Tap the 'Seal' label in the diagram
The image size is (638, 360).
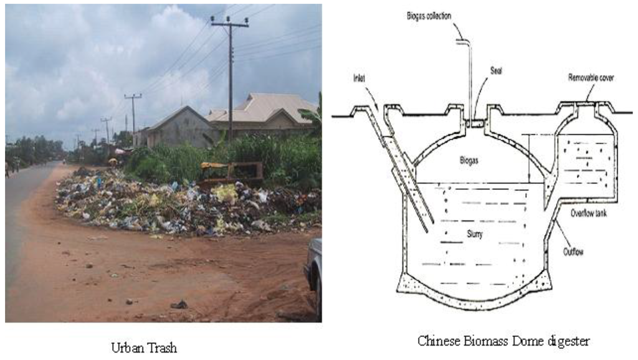pos(496,71)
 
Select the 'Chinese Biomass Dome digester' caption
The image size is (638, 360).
pos(503,341)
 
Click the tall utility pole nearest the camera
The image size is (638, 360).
pos(230,75)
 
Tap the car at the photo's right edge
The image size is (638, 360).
pos(313,271)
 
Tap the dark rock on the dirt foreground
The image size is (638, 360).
pos(179,305)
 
